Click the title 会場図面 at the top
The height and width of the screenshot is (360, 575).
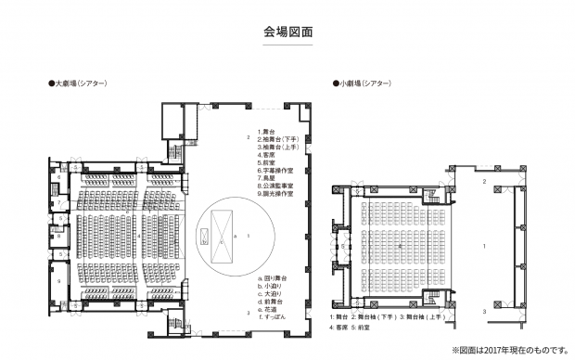(x=287, y=31)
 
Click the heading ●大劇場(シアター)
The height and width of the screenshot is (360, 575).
(x=78, y=84)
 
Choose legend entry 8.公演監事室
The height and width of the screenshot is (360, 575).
(x=275, y=187)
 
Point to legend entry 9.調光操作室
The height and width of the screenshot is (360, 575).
(x=275, y=196)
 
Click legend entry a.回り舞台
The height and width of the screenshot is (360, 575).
(x=273, y=278)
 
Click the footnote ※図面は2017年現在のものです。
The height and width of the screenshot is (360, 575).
(x=507, y=351)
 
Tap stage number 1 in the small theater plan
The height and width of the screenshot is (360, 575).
(x=484, y=246)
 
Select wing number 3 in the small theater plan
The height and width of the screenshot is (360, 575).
(x=484, y=311)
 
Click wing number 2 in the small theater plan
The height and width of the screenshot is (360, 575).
(x=484, y=182)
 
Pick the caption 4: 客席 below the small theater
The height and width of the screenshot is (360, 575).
(x=340, y=328)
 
